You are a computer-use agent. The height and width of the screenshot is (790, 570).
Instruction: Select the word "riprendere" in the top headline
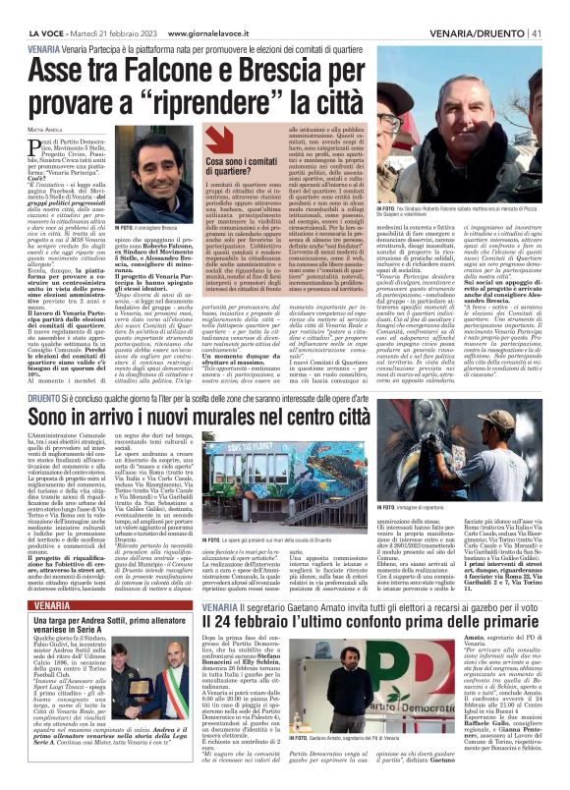pyautogui.click(x=296, y=100)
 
